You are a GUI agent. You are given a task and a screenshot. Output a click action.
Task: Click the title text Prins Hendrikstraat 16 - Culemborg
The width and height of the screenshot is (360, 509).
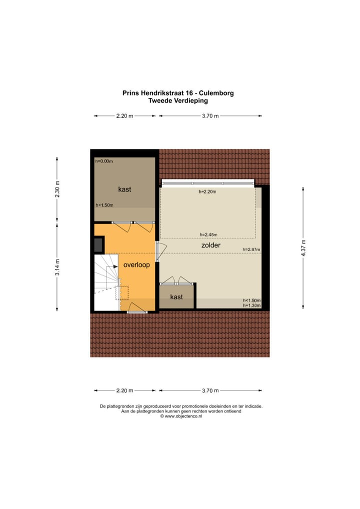point(178,92)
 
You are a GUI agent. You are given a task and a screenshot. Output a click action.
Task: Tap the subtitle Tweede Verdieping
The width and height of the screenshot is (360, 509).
point(178,100)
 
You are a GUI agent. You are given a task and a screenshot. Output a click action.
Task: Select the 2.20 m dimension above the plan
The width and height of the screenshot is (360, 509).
point(124,116)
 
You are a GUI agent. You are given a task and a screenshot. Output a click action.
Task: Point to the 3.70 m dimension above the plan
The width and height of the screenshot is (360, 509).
point(210,116)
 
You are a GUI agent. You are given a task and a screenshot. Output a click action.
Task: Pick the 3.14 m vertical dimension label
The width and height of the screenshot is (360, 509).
point(57,267)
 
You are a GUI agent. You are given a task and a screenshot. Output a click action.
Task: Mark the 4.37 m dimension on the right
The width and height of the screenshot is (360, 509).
point(302,247)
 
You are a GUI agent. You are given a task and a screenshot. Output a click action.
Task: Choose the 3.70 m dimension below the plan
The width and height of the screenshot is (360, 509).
point(210,390)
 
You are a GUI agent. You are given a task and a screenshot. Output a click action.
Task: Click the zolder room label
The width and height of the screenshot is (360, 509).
point(210,245)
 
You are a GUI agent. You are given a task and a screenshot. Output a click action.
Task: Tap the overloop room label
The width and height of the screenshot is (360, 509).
point(136,265)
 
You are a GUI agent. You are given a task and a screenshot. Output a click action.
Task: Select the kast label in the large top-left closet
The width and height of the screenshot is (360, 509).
point(124,189)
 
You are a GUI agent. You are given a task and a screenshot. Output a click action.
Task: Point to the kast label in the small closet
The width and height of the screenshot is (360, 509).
point(176,297)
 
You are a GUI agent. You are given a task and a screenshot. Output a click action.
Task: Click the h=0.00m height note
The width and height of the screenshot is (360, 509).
point(104,161)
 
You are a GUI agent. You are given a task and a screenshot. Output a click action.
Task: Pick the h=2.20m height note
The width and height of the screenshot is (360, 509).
point(208,191)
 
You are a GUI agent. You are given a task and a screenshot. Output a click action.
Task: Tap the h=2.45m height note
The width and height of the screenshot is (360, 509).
point(208,235)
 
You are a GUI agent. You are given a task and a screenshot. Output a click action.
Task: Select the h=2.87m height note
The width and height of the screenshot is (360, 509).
point(251,249)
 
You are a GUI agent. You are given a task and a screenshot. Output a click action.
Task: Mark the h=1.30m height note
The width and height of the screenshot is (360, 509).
point(251,305)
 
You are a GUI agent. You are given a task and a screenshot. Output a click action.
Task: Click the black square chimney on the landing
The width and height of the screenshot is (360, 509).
point(98,244)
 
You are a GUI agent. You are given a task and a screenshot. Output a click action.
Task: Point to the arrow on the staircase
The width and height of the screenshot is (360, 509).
point(112,269)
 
